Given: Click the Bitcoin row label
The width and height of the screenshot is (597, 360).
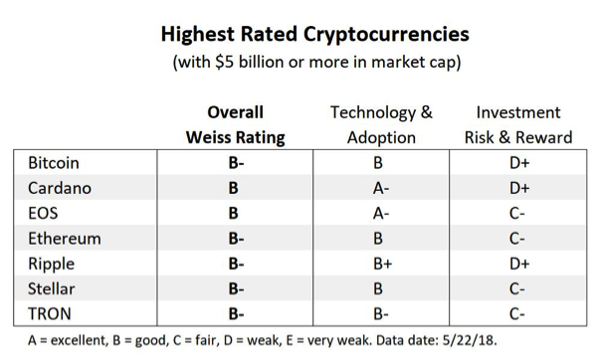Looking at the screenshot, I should (x=54, y=162).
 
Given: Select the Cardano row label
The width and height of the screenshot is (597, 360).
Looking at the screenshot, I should (x=60, y=188).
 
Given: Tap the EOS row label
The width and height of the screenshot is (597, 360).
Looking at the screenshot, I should (x=46, y=213).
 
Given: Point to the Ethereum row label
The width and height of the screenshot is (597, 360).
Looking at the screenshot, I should (x=65, y=239).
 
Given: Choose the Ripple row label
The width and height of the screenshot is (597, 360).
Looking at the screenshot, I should (x=53, y=265).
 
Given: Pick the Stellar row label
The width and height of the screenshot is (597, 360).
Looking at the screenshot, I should (x=53, y=289).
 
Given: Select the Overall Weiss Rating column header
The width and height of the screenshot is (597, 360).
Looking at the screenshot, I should (x=236, y=124).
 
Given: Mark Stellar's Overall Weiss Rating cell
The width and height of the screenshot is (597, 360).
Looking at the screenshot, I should (x=236, y=289).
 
